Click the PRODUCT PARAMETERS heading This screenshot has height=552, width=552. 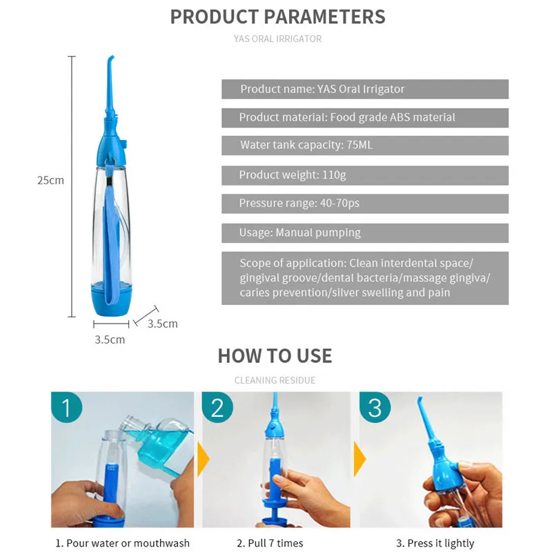coord(277,17)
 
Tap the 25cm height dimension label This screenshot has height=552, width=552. coord(50,181)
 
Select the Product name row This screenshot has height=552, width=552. coord(364,89)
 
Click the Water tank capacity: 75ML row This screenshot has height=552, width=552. coord(364,146)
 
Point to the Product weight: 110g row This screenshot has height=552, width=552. coord(364,175)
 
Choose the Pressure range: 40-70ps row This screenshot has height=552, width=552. coord(364,204)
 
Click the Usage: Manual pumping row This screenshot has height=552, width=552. coord(364,233)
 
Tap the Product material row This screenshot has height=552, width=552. coord(364,117)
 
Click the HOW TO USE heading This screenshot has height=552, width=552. coord(275,356)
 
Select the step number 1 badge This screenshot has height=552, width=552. coord(67,408)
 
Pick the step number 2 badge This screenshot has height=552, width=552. coord(217,408)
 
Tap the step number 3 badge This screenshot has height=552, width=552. coord(375,408)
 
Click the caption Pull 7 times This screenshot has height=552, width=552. coord(270,543)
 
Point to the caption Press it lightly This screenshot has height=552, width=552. coord(435,543)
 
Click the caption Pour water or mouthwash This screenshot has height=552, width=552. coord(122,543)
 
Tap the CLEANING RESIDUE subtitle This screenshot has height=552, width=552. coord(275,380)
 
